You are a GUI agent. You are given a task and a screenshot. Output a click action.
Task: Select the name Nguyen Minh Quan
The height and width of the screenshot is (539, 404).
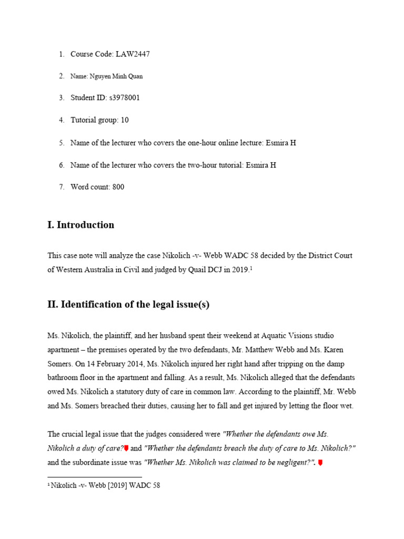116,76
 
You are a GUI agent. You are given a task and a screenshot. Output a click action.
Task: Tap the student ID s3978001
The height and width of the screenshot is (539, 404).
124,98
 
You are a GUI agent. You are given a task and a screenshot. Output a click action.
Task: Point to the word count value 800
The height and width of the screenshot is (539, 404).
118,187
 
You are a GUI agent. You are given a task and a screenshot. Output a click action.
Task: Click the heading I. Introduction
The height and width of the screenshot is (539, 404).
80,225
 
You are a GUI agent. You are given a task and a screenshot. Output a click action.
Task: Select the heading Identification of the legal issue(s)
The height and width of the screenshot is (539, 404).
128,304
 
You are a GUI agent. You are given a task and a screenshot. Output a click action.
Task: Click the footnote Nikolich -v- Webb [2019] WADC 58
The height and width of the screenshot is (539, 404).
105,486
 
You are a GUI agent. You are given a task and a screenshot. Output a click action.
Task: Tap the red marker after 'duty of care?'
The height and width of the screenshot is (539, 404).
126,448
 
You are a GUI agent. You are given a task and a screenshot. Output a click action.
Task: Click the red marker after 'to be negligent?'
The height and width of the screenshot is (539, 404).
320,463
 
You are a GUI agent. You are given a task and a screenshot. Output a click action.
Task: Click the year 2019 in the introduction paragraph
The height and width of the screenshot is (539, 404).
238,270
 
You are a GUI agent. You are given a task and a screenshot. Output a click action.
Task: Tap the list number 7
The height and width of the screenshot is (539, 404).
61,187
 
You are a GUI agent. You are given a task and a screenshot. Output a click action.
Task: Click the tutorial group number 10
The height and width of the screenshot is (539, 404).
125,120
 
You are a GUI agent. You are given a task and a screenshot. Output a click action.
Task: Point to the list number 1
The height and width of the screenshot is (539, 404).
61,54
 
